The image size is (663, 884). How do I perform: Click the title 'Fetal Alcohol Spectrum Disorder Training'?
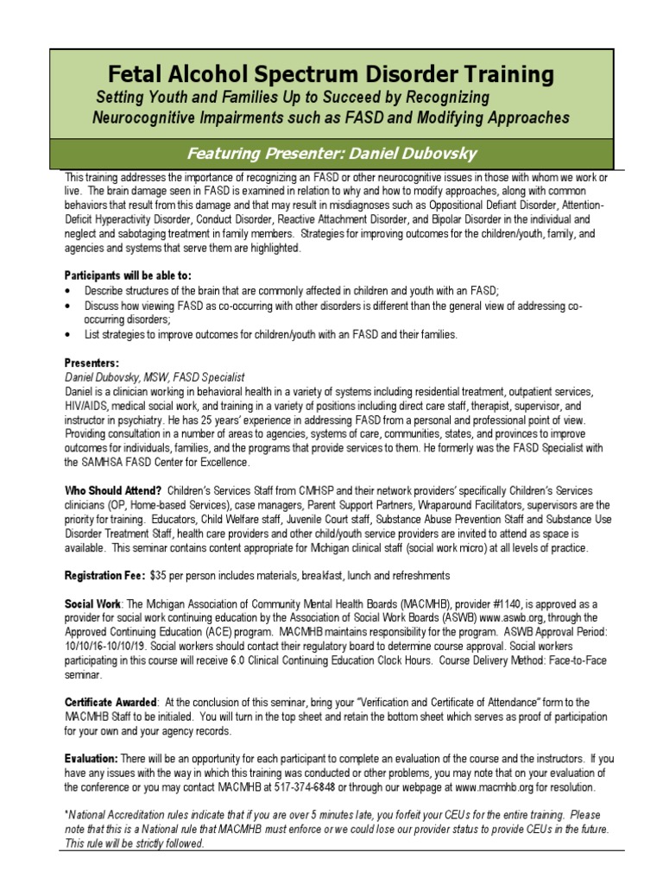(331, 74)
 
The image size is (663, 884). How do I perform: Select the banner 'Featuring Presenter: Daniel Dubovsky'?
(331, 154)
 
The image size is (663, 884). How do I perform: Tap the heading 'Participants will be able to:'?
(128, 275)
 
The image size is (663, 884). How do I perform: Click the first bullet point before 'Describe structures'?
(69, 291)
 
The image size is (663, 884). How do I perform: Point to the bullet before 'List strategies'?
(69, 334)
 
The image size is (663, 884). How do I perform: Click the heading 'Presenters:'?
(92, 363)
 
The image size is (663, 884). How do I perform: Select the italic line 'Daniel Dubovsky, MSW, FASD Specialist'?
(155, 377)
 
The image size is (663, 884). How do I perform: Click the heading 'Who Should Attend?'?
(113, 490)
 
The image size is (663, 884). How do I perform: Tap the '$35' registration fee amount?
(159, 575)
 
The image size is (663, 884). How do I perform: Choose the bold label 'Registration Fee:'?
(104, 575)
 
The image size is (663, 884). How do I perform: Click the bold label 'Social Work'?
(94, 603)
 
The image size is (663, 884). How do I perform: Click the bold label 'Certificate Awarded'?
(111, 702)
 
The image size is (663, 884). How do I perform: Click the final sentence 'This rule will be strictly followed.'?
(136, 843)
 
